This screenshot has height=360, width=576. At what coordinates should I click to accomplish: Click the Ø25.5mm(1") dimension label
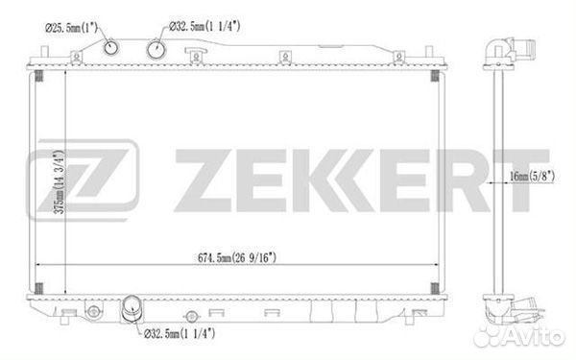coord(72,28)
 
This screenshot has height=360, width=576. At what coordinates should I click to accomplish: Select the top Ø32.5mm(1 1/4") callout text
coord(204,26)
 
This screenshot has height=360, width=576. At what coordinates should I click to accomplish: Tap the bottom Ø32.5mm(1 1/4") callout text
coord(180,333)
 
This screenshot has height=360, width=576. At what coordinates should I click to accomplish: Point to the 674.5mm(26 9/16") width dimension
coord(237,257)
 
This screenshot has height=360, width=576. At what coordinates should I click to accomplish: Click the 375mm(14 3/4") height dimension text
coord(60,181)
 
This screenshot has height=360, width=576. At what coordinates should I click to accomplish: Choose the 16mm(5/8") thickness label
coord(532,177)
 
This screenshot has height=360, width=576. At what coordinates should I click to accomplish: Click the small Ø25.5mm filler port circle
coord(111,47)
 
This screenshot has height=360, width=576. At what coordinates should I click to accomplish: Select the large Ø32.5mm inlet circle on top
coord(156,49)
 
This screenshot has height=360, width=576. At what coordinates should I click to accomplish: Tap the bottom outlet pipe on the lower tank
coord(131,309)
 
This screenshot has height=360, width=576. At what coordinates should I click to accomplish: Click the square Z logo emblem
coord(83,180)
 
